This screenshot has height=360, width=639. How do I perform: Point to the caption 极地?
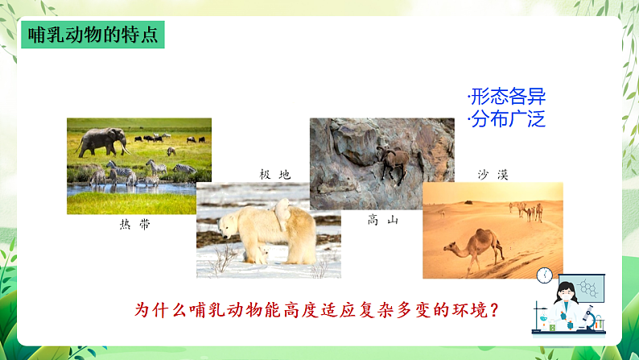click(x=274, y=174)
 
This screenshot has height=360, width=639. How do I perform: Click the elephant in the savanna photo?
click(x=105, y=140)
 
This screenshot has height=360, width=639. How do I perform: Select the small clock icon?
click(x=543, y=274)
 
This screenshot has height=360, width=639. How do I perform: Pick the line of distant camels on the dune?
click(x=526, y=209)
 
